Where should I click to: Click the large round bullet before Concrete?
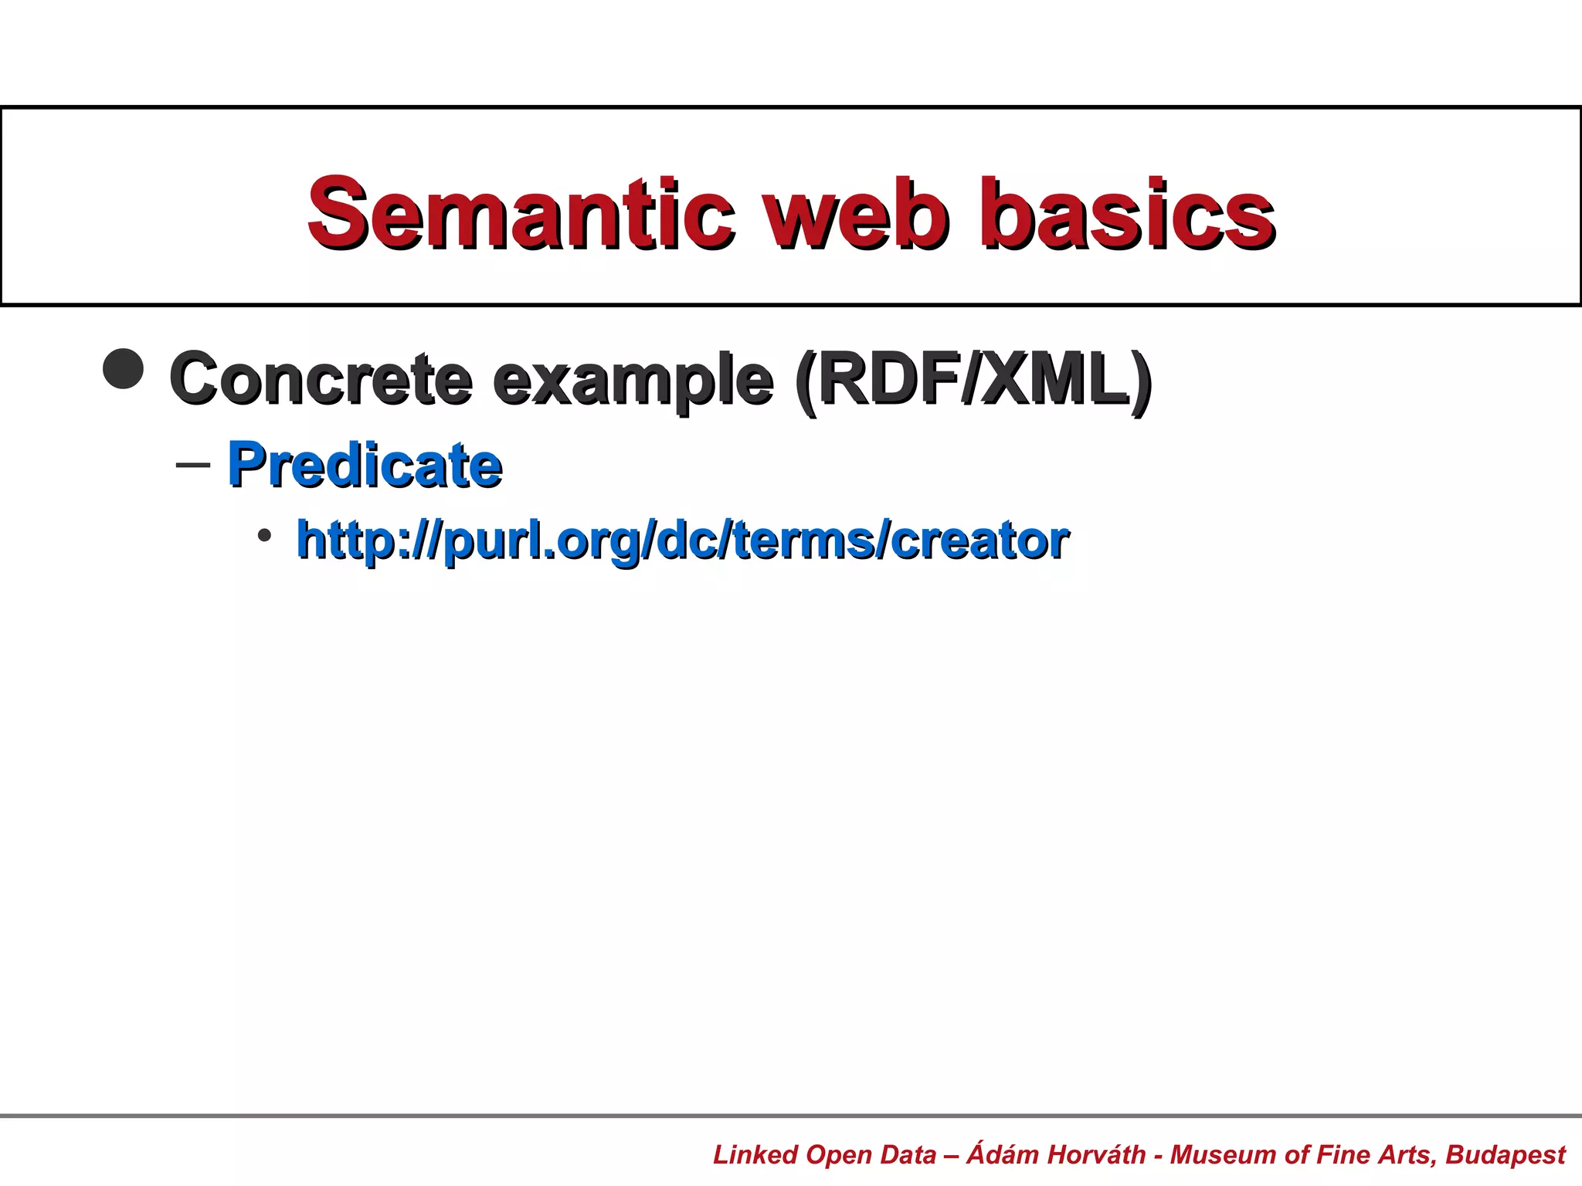pos(124,369)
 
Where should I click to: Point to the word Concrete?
pos(321,378)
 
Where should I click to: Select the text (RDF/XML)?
pos(973,378)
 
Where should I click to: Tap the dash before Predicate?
pos(193,465)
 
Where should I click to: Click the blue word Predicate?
pos(365,465)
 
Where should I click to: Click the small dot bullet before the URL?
pos(264,534)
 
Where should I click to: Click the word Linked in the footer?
pos(755,1154)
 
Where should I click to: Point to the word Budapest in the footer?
pos(1506,1154)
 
